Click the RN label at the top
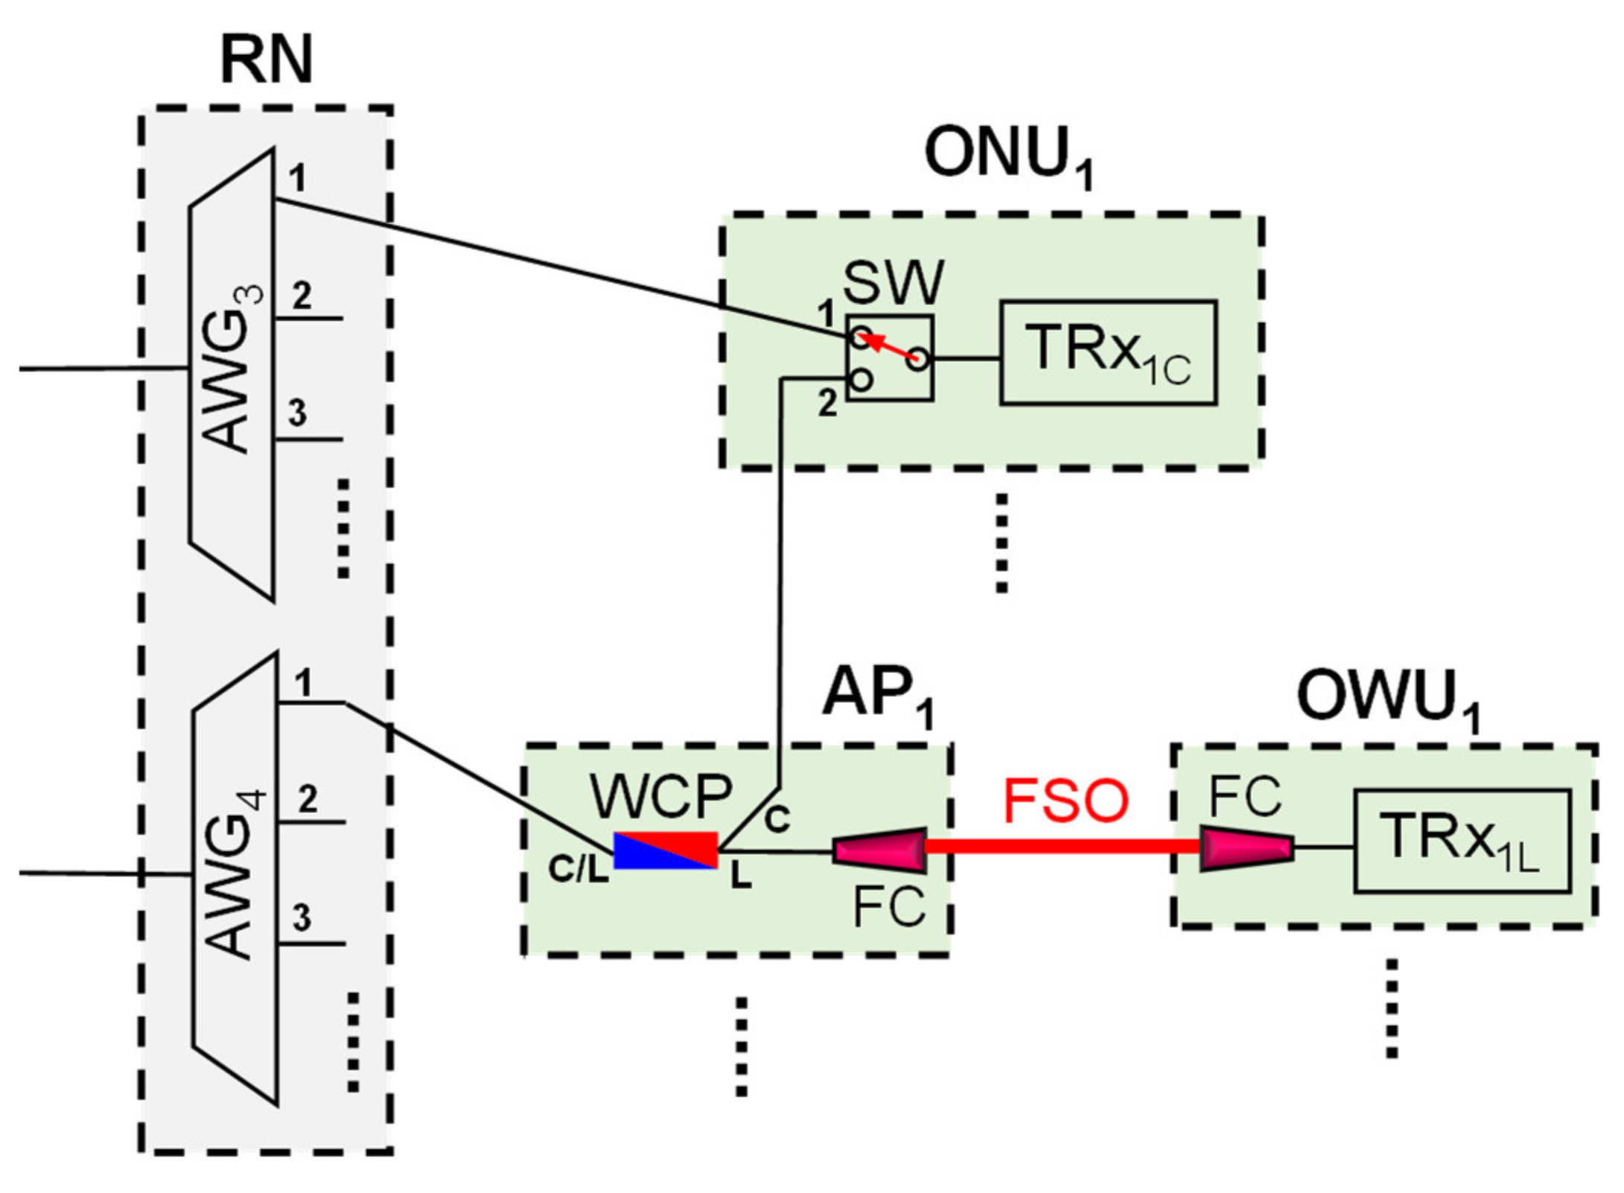[266, 61]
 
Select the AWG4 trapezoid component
[235, 879]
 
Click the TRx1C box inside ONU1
[1107, 352]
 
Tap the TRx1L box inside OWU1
[1461, 841]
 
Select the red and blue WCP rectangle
[665, 850]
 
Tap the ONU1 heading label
[1009, 156]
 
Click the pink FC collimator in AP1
[879, 850]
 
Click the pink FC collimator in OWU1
[1246, 848]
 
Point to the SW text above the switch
[893, 283]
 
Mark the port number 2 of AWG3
[301, 296]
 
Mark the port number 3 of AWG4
[302, 917]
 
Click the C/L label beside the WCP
[578, 868]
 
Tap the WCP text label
[661, 798]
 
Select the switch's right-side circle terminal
[919, 360]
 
